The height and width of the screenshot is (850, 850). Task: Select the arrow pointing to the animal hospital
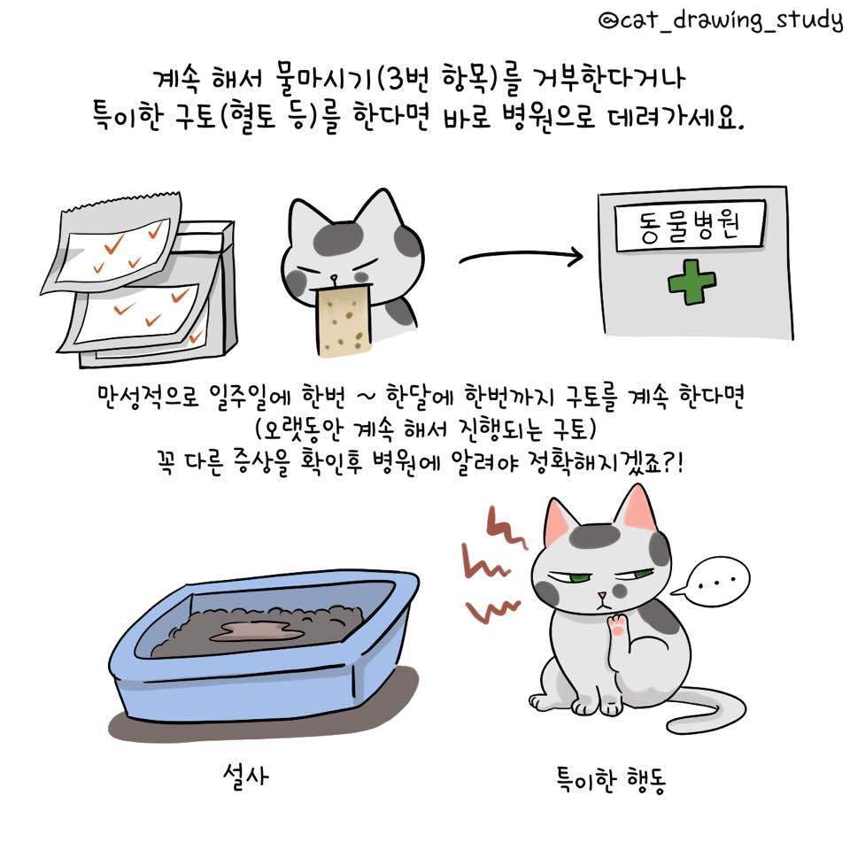521,259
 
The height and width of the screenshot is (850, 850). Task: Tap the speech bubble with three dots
715,583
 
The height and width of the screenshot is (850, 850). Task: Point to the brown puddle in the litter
252,630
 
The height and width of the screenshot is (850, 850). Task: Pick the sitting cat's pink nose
602,593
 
